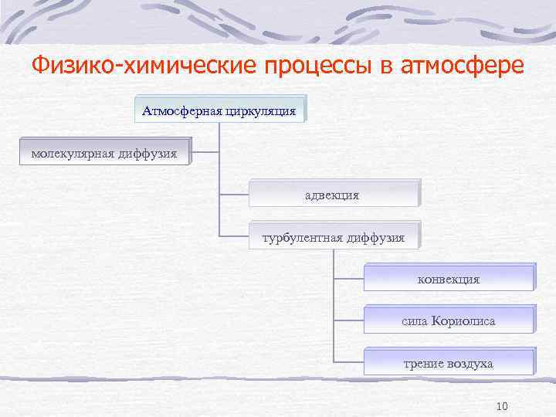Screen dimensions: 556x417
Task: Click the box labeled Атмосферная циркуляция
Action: coord(219,110)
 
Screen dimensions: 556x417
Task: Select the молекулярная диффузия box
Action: coord(104,153)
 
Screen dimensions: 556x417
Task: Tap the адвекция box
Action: coord(333,195)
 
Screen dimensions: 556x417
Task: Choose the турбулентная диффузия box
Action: coord(333,237)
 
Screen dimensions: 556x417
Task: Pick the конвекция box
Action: coord(448,279)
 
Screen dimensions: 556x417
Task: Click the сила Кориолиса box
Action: coord(448,320)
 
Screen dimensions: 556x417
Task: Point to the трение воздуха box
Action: coord(448,363)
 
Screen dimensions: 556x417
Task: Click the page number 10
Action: coord(501,406)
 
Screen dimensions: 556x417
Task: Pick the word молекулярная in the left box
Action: coord(72,153)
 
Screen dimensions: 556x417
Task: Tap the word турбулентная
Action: coord(299,237)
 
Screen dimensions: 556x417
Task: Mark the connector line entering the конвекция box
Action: coord(349,276)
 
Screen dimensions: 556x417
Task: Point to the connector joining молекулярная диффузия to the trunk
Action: coord(205,152)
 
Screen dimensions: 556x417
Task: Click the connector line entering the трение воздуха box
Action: coord(349,361)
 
